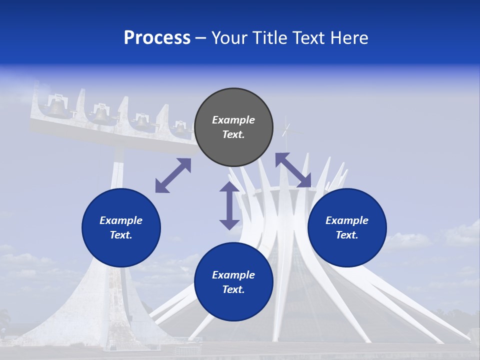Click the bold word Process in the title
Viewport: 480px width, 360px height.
tap(157, 38)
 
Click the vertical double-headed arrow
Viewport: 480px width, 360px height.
tap(229, 205)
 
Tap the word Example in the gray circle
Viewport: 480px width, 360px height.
tap(233, 120)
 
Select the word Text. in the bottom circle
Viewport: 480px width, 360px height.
tap(233, 289)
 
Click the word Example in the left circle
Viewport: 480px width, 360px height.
tap(121, 220)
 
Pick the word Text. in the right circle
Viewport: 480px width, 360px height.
tap(347, 235)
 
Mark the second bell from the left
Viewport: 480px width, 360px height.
tap(100, 115)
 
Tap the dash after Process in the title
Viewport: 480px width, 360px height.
tap(201, 38)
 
